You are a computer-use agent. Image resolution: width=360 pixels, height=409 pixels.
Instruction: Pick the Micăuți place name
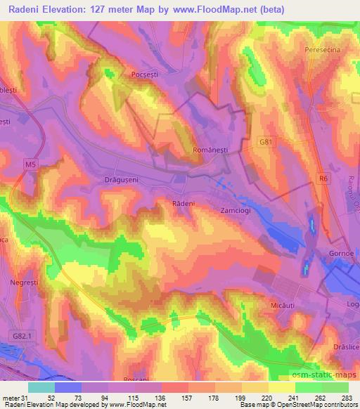click(304, 307)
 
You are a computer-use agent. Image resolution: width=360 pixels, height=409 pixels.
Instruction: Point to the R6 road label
click(322, 179)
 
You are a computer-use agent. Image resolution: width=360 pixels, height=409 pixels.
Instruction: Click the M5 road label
click(29, 164)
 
